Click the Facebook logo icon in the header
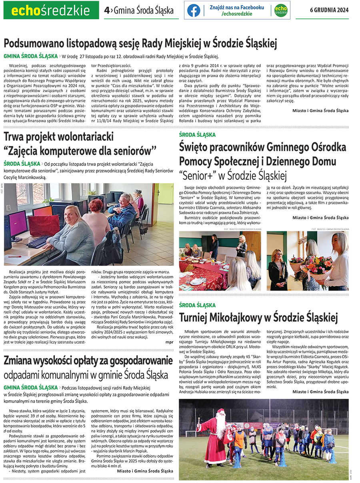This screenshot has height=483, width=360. [x=194, y=10]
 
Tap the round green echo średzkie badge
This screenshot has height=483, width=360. [x=280, y=10]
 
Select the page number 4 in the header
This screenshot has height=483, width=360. [x=106, y=10]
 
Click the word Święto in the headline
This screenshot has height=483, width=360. [x=194, y=147]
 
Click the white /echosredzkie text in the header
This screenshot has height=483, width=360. [x=237, y=14]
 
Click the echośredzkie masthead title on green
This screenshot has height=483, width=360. [x=50, y=10]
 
